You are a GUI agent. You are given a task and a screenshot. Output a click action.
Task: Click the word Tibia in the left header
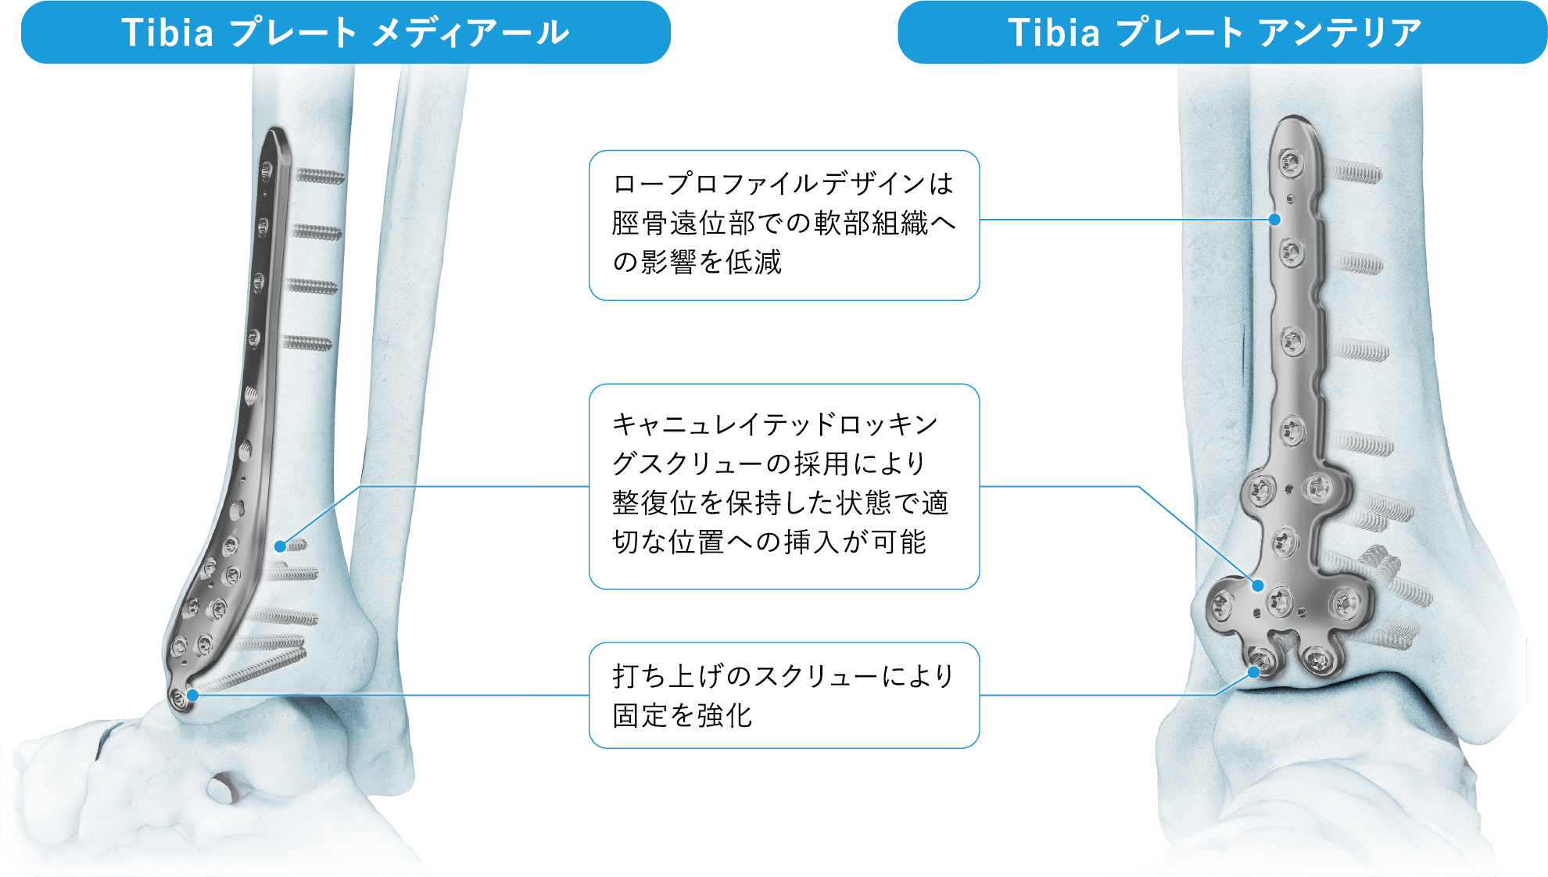click(167, 33)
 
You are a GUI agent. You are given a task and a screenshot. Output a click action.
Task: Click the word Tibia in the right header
click(1054, 33)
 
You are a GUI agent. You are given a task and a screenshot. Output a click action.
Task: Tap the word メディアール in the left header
click(471, 33)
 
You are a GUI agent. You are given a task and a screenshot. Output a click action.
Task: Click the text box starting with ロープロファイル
click(783, 225)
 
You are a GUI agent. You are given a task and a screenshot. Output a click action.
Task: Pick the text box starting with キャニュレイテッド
click(783, 486)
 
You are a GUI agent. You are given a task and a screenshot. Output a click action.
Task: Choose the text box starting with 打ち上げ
click(783, 695)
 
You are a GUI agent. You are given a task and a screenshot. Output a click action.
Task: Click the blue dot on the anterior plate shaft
click(1274, 220)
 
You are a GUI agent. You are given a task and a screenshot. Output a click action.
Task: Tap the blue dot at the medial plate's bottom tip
click(192, 695)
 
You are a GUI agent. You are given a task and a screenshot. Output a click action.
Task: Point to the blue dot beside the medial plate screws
click(280, 546)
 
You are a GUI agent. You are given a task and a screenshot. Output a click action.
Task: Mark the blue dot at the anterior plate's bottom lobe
click(1254, 672)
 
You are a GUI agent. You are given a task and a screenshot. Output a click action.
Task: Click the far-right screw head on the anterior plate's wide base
click(1345, 605)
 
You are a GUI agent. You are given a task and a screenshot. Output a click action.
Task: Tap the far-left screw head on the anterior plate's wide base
click(1221, 605)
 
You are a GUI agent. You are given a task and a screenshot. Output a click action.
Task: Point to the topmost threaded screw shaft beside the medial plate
click(319, 176)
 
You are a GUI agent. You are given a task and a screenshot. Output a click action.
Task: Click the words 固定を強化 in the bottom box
click(682, 715)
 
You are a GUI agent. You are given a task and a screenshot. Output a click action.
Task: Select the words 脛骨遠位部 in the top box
click(683, 224)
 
